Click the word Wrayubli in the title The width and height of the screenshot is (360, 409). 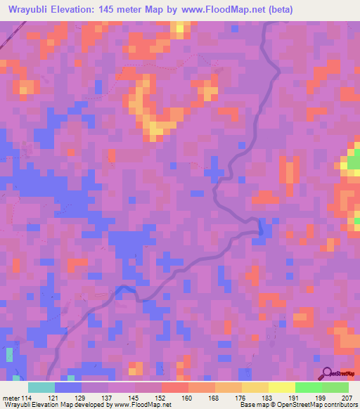(32, 9)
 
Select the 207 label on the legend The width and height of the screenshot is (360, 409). (346, 398)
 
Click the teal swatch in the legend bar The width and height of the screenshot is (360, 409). (41, 387)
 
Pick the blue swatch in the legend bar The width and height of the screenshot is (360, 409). (68, 387)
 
